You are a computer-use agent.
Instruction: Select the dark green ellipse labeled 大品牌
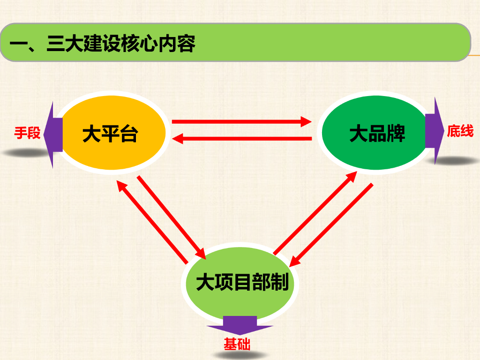pos(375,134)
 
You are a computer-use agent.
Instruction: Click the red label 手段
pos(27,133)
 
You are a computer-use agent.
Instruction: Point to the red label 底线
pos(460,131)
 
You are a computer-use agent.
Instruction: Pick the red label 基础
pos(237,345)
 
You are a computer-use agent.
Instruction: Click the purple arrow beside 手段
pos(52,135)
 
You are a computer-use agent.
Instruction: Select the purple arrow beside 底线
pos(435,131)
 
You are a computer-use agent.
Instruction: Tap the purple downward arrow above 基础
pos(240,325)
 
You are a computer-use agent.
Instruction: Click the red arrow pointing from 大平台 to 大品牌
pos(241,122)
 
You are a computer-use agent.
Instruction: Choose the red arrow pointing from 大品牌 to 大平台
pos(241,138)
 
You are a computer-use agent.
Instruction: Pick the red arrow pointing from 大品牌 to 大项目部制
pos(333,223)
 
